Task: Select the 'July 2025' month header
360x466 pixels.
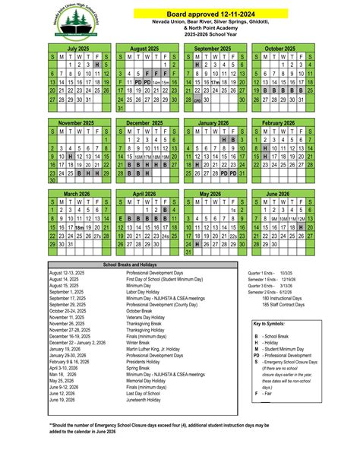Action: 79,48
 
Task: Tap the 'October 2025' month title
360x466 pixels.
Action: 280,48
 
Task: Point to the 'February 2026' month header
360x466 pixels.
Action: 280,122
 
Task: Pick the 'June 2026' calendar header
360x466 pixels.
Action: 280,194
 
